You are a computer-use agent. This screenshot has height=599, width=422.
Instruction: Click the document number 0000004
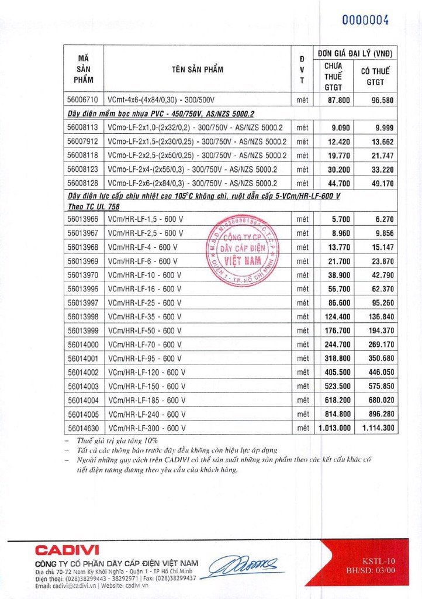click(365, 19)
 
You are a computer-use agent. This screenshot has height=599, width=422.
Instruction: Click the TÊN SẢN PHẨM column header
click(198, 69)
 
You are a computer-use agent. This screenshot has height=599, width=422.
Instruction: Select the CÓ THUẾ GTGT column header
click(375, 77)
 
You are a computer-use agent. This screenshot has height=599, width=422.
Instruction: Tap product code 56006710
click(84, 100)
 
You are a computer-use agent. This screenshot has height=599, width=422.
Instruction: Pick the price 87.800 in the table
click(339, 100)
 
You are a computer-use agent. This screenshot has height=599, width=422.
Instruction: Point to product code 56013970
click(84, 274)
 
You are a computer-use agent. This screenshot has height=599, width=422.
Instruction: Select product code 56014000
click(84, 344)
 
